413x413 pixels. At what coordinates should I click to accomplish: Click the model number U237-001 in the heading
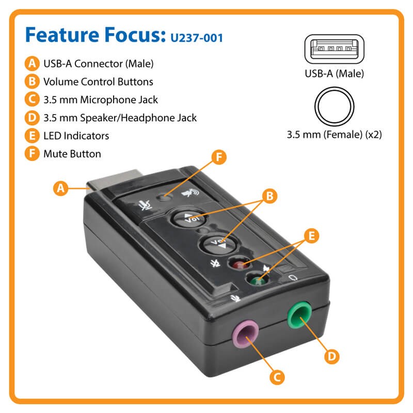pos(197,38)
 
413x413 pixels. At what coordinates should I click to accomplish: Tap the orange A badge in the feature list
pos(32,63)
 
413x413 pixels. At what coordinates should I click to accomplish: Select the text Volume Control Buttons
pos(98,82)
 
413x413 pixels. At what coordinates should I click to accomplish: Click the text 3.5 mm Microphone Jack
pos(101,100)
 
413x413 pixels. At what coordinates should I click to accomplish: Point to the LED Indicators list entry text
pos(76,136)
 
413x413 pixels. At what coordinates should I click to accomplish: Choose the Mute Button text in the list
pos(72,154)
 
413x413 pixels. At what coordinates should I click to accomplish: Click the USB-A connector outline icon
pos(334,49)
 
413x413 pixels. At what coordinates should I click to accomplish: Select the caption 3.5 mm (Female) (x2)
pos(334,135)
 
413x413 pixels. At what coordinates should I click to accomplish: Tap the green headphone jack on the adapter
pos(299,315)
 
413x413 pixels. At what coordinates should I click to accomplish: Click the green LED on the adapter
pos(257,280)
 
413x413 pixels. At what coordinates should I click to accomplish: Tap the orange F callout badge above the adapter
pos(219,157)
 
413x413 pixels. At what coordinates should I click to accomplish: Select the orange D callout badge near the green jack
pos(332,356)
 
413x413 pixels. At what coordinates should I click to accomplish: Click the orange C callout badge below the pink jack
pos(277,377)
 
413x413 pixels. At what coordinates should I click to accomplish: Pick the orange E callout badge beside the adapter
pos(312,236)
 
